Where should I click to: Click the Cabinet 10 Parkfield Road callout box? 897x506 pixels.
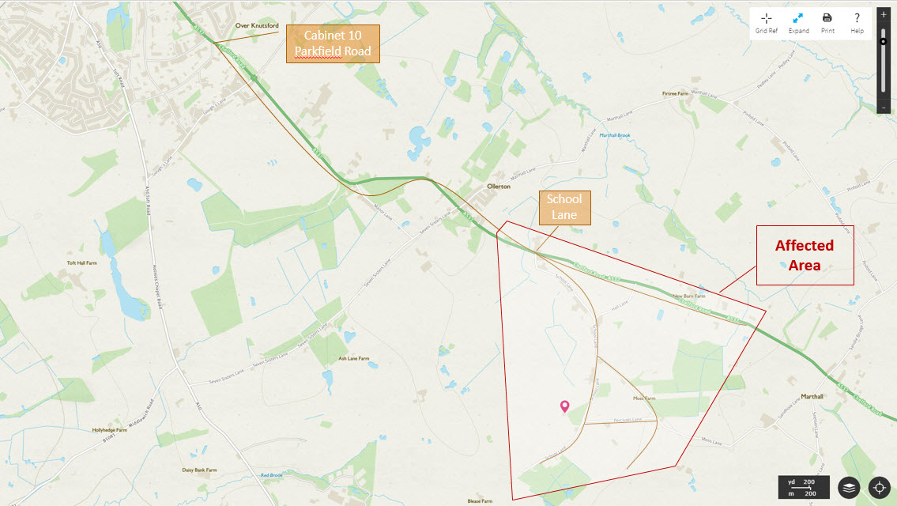coord(333,43)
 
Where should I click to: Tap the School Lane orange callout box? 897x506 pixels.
coord(564,207)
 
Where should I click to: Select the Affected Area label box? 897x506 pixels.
coord(805,255)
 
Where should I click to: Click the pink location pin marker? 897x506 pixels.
coord(564,406)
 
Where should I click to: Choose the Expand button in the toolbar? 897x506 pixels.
coord(798,22)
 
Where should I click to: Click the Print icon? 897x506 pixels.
coord(827,22)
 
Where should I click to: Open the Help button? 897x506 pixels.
coord(857,22)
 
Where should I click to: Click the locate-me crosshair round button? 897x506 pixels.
coord(880,488)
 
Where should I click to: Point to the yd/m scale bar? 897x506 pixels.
coord(804,487)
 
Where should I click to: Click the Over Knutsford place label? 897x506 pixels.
coord(257,25)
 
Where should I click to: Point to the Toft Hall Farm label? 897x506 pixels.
coord(81,262)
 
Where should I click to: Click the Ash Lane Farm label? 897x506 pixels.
coord(353,358)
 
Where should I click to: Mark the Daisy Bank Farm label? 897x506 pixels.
coord(199,470)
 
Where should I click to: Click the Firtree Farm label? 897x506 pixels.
coord(675,93)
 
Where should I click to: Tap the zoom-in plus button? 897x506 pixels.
coord(884,15)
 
